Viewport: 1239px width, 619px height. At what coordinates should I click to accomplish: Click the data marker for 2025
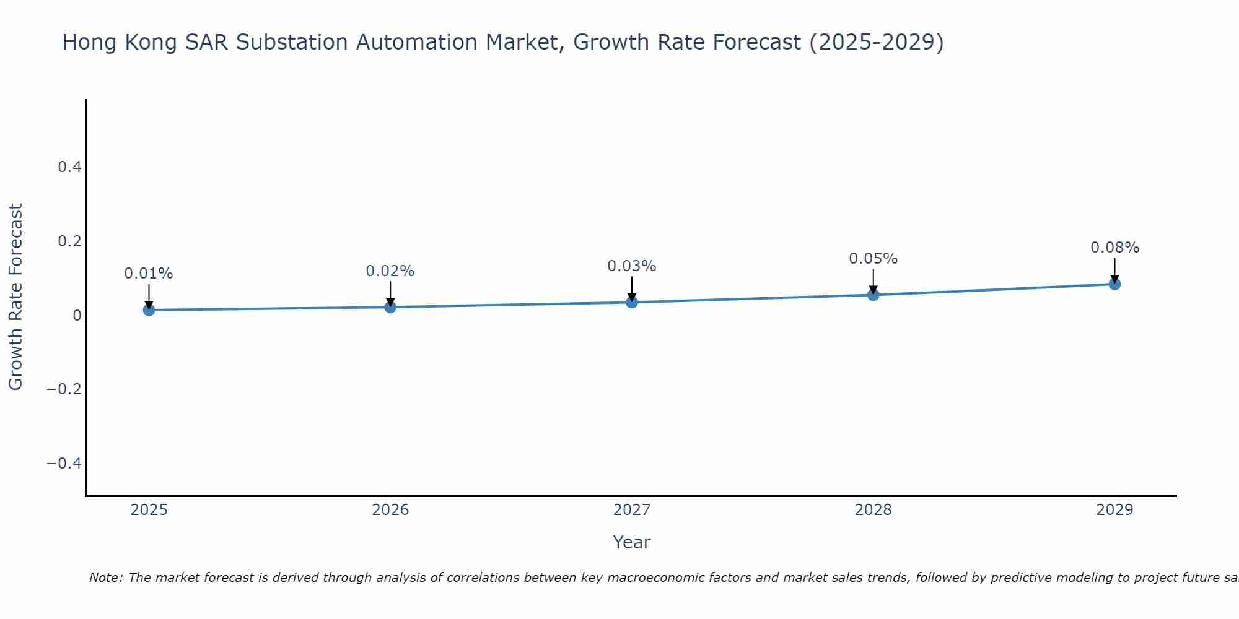point(149,309)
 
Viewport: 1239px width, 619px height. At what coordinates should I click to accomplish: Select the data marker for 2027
point(631,302)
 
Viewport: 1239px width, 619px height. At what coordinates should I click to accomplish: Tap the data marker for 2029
point(1114,284)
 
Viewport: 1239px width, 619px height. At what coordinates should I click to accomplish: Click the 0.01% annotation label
point(149,274)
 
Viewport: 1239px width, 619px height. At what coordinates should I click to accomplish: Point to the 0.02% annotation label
point(390,271)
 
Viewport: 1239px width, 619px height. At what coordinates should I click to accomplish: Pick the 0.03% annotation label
point(631,266)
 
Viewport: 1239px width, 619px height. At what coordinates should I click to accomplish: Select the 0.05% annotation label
point(873,259)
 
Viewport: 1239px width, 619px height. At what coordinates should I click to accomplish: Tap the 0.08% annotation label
point(1114,248)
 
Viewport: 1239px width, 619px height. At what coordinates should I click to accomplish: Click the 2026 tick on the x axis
point(390,510)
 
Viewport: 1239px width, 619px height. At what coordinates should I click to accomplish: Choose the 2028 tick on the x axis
point(873,510)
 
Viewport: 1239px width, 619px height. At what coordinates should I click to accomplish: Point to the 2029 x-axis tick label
point(1114,510)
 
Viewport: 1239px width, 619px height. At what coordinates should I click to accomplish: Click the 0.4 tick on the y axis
point(69,167)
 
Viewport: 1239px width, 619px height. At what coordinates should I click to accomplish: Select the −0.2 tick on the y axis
point(64,389)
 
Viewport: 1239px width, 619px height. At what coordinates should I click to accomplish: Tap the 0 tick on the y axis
point(77,315)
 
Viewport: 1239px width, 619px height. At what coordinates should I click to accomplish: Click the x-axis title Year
point(631,542)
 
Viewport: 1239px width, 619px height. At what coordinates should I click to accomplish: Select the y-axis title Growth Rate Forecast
point(15,297)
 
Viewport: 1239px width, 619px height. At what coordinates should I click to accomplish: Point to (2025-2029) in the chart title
point(876,43)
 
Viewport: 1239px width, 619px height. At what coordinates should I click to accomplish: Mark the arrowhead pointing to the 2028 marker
point(873,290)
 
